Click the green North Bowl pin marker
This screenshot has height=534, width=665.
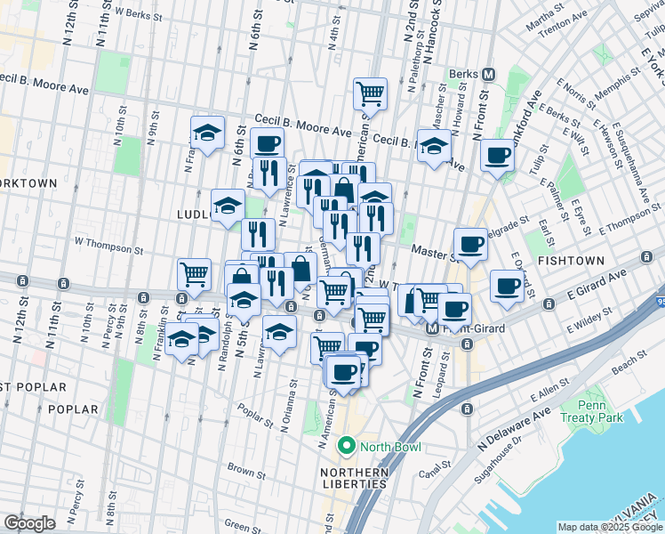[346, 447]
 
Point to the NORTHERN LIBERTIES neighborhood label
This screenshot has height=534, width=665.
[355, 478]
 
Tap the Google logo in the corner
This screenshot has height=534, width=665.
[29, 522]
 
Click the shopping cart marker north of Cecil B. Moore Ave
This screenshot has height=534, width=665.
[370, 93]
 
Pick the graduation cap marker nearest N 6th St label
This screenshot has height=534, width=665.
[207, 133]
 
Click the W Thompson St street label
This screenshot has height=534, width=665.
[108, 240]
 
